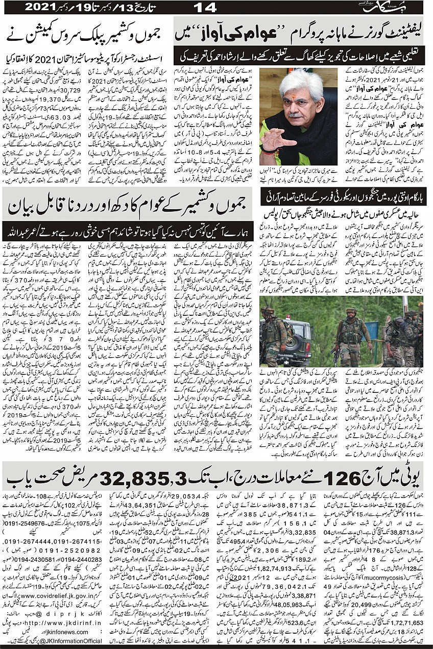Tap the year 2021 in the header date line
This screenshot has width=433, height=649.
click(41, 7)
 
